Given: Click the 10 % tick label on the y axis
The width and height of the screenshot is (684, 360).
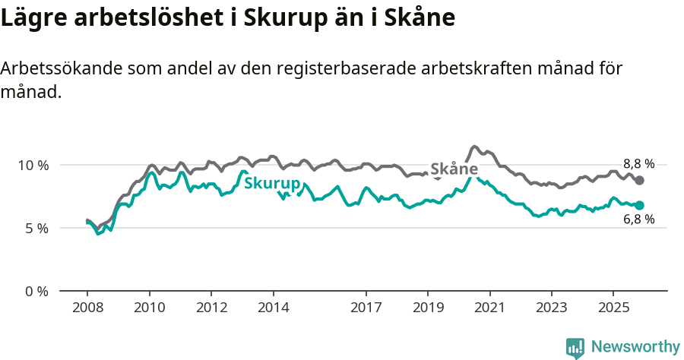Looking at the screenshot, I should [33, 165].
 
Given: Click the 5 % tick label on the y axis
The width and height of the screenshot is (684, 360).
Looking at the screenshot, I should [36, 228].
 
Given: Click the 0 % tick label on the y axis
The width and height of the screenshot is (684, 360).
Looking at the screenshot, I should [36, 291].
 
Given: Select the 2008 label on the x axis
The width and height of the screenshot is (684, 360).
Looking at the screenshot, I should [87, 309].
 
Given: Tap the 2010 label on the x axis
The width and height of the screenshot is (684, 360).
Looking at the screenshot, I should [150, 309].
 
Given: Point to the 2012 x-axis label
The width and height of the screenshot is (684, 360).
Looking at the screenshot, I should [211, 309].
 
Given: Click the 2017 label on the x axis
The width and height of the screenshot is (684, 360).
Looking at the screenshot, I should [366, 309].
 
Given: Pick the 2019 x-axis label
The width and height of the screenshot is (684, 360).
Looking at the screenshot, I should [428, 309].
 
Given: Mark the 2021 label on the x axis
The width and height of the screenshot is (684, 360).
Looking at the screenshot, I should [490, 309].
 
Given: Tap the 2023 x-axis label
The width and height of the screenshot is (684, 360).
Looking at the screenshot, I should [552, 309].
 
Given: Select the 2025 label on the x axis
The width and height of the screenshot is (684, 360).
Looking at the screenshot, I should [613, 309].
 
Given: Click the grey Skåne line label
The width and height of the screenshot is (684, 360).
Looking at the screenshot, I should [454, 169].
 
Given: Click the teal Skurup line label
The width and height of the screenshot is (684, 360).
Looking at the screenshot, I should [271, 184].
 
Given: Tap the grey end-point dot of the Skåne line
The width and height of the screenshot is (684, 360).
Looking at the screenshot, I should [640, 180].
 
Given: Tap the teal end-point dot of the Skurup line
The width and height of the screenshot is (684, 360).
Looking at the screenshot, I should [640, 205].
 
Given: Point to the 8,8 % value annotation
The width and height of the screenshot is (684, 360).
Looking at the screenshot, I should [638, 163].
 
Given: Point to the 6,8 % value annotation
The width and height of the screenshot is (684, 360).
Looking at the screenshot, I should [638, 219].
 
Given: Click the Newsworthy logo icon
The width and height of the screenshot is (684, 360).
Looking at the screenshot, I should [575, 347].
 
